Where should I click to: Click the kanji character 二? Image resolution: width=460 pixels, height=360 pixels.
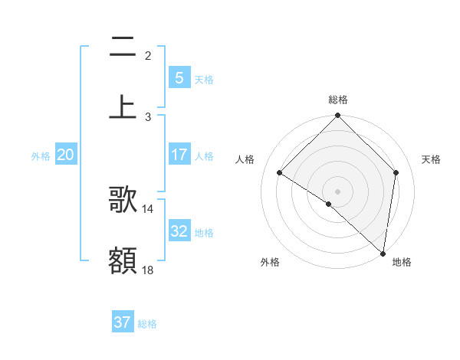coord(123,47)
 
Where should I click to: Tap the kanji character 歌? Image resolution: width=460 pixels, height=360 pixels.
coord(123,201)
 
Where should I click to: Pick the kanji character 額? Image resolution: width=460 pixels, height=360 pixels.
coord(123,260)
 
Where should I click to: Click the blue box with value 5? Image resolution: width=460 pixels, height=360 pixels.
coord(179,77)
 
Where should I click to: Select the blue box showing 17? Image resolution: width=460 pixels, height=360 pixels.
coord(179,154)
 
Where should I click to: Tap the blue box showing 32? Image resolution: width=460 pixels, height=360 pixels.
coord(179,231)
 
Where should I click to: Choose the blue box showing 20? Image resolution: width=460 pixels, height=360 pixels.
coord(66,155)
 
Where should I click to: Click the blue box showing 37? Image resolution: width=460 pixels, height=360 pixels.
coord(123,322)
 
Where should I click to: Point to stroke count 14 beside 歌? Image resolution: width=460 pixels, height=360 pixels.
coord(148,208)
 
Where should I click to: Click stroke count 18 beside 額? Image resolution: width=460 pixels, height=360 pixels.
coord(148,270)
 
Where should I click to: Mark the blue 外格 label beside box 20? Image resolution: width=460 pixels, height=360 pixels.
coord(41,155)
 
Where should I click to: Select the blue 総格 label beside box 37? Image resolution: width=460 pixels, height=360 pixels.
coord(147,324)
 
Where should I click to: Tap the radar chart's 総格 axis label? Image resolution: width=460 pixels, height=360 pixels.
coord(338,100)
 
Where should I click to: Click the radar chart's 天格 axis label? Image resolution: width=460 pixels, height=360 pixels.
coord(431,159)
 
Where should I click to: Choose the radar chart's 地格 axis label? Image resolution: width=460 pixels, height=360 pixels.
coord(402,262)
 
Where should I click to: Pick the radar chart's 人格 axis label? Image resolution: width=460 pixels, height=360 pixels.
coord(245,159)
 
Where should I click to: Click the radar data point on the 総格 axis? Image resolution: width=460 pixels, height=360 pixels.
coord(338,116)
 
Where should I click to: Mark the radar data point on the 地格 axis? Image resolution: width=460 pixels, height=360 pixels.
coord(383,253)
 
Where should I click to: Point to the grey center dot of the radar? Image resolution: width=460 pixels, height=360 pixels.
coord(338,191)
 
